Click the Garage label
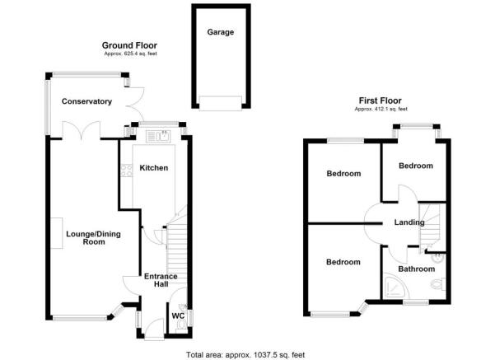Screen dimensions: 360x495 pyautogui.click(x=220, y=32)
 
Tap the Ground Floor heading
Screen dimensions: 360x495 pyautogui.click(x=129, y=45)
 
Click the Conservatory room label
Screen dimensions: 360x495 pyautogui.click(x=86, y=101)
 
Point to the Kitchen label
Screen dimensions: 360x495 pyautogui.click(x=154, y=168)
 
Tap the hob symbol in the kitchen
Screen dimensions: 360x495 pyautogui.click(x=127, y=171)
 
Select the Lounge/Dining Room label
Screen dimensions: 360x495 pyautogui.click(x=93, y=238)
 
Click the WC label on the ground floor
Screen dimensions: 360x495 pyautogui.click(x=177, y=315)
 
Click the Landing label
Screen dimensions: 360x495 pyautogui.click(x=409, y=222)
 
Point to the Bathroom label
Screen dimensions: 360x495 pyautogui.click(x=416, y=269)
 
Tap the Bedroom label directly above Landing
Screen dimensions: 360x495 pyautogui.click(x=416, y=166)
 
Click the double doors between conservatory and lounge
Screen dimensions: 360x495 pyautogui.click(x=82, y=131)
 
